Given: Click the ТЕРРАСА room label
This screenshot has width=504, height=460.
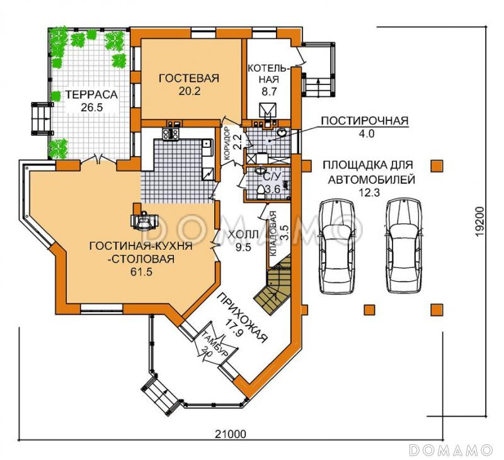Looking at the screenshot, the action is (91, 94).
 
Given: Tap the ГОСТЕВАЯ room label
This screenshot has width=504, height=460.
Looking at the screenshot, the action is (189, 78).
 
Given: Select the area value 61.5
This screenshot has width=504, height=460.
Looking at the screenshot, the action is (140, 272).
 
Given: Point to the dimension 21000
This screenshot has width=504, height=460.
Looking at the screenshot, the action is (230, 434).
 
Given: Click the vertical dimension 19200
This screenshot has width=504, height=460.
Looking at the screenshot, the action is (479, 222).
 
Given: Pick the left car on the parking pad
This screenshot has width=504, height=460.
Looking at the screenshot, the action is (338, 247).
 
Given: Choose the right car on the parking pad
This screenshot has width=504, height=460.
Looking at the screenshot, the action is (403, 247).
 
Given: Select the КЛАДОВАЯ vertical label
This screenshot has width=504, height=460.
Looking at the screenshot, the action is (273, 233).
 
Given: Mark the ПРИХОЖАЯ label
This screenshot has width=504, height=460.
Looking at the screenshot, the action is (243, 318).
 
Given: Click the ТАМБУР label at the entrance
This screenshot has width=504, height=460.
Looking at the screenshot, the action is (215, 344).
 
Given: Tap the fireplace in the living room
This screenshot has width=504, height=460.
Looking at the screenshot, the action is (144, 220).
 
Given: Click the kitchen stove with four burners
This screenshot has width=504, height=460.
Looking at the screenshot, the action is (171, 134).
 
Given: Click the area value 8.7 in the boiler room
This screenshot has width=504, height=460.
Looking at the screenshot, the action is (269, 91).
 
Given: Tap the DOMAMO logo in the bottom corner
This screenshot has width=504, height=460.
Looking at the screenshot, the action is (451, 449).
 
